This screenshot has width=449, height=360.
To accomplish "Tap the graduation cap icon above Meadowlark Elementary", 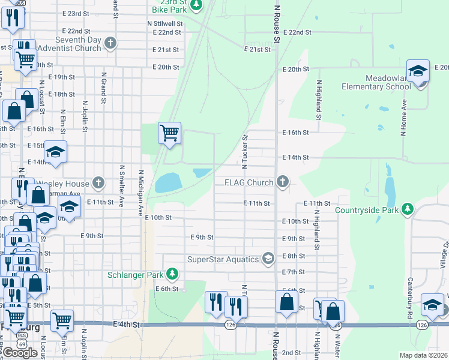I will [x=418, y=71].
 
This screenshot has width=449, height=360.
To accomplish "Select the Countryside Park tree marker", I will [x=408, y=209].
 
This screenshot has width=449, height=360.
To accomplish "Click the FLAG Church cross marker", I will [x=283, y=182].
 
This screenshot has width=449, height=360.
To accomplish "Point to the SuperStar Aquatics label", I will [x=223, y=259].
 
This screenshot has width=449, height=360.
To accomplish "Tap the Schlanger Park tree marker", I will [x=173, y=274].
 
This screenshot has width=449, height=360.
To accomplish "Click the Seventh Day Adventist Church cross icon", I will [x=109, y=43].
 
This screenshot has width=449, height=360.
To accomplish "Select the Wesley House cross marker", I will [x=98, y=182].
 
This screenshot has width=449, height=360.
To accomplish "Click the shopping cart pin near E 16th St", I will [x=169, y=133].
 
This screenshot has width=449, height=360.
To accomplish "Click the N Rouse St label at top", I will [x=277, y=24].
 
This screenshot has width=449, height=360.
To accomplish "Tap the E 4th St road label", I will [x=126, y=324].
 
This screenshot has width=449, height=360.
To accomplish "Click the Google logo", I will [x=20, y=353].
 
